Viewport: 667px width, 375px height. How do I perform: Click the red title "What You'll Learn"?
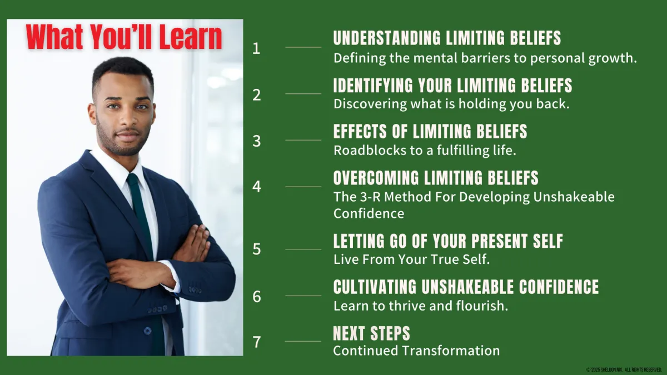[124, 37]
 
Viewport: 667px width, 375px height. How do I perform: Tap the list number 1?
[256, 48]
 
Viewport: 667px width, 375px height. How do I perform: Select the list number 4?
[257, 187]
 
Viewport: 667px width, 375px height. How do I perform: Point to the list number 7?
[257, 342]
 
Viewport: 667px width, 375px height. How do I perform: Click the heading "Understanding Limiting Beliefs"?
[447, 38]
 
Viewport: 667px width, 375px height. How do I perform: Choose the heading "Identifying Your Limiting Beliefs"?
[452, 85]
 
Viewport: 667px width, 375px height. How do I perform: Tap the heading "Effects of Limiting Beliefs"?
[430, 131]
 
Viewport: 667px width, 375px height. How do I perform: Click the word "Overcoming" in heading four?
[376, 178]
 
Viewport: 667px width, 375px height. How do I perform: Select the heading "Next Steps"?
[371, 333]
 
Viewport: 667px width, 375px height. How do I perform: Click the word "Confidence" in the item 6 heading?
[559, 287]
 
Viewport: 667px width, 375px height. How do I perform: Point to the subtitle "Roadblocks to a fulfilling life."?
[425, 151]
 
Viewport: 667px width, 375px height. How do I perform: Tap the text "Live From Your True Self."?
[411, 259]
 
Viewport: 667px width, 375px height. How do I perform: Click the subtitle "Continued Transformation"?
[416, 351]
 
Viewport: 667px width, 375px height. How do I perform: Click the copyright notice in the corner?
[624, 369]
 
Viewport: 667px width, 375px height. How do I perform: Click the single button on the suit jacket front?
[147, 331]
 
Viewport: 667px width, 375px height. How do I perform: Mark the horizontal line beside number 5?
[303, 249]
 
